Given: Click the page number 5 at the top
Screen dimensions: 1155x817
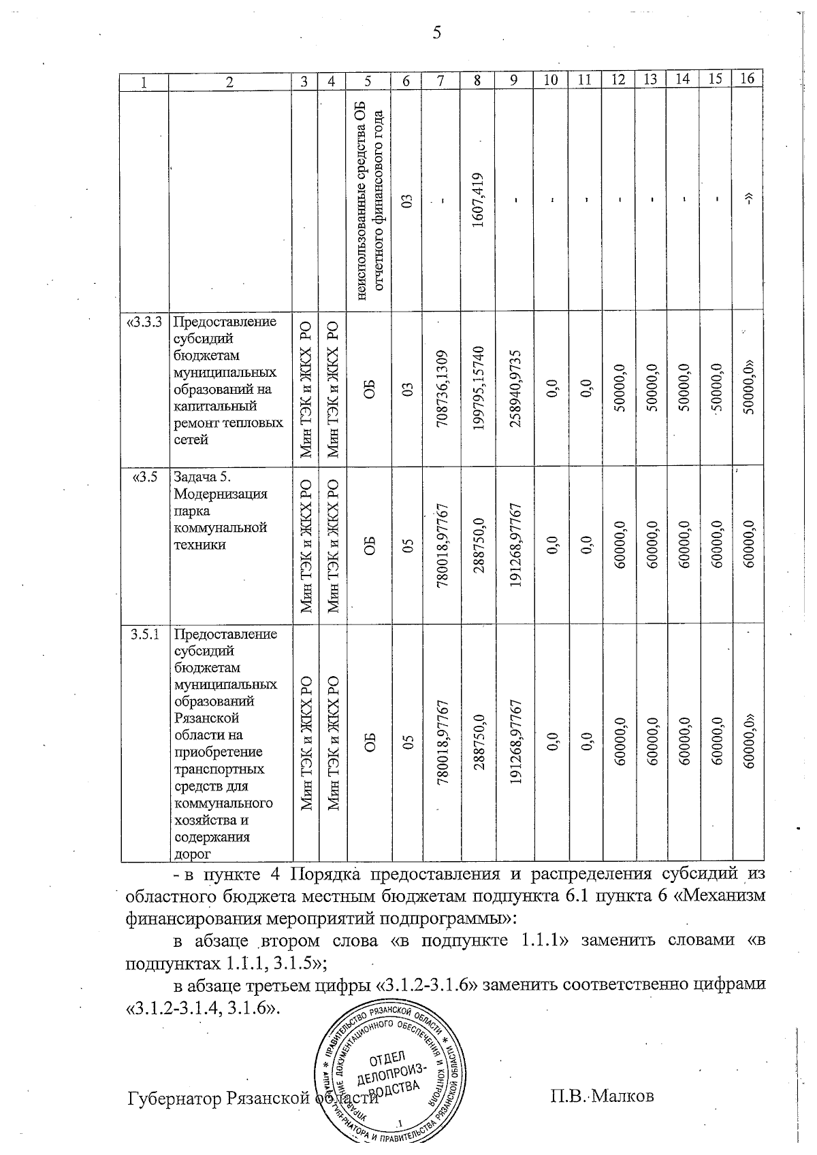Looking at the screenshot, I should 436,32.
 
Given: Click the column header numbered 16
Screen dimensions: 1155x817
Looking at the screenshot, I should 747,78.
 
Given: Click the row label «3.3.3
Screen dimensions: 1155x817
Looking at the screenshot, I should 145,322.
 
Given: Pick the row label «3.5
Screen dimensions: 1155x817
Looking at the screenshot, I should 146,477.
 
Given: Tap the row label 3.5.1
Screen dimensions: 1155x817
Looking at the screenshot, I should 146,635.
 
